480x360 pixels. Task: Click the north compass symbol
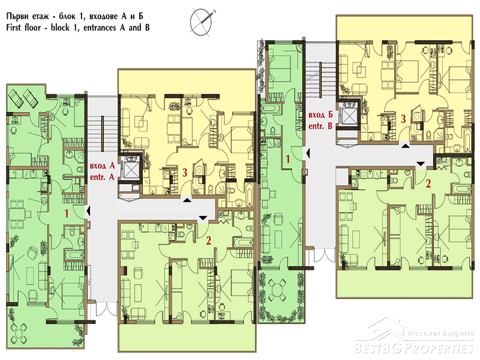tap(202, 21)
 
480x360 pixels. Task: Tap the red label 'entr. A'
tap(102, 177)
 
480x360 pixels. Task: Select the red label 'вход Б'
tap(320, 115)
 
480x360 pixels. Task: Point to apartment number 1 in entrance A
tap(67, 213)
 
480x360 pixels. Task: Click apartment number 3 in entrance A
tap(185, 172)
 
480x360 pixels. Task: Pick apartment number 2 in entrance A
tap(208, 241)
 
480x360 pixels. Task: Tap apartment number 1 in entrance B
tap(288, 159)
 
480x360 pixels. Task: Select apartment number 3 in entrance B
tap(403, 118)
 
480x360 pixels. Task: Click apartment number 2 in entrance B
tap(428, 183)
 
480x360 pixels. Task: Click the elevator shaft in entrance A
tap(130, 169)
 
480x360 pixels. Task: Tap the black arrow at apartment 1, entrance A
tap(88, 211)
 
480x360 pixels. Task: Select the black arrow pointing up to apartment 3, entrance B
tap(406, 146)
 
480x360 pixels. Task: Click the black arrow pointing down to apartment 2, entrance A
tap(203, 218)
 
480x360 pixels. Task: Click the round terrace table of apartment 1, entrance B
tap(277, 290)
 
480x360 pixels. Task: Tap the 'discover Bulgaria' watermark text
tap(440, 333)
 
